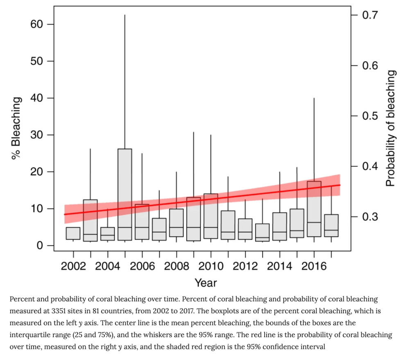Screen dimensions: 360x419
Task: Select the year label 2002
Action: coord(73,267)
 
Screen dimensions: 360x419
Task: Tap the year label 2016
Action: coord(314,267)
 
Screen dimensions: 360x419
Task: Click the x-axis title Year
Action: coord(206,283)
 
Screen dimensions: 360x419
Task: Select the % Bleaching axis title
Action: coord(16,128)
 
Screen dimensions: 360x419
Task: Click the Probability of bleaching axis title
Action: coord(392,128)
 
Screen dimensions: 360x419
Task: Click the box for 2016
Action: coord(314,209)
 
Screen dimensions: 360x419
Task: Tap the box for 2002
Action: coord(73,233)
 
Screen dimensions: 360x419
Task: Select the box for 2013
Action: coord(262,232)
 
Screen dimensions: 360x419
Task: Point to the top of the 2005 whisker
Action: coord(125,15)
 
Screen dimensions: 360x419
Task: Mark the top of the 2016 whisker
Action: coord(314,98)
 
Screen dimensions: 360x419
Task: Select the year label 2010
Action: coord(211,267)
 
